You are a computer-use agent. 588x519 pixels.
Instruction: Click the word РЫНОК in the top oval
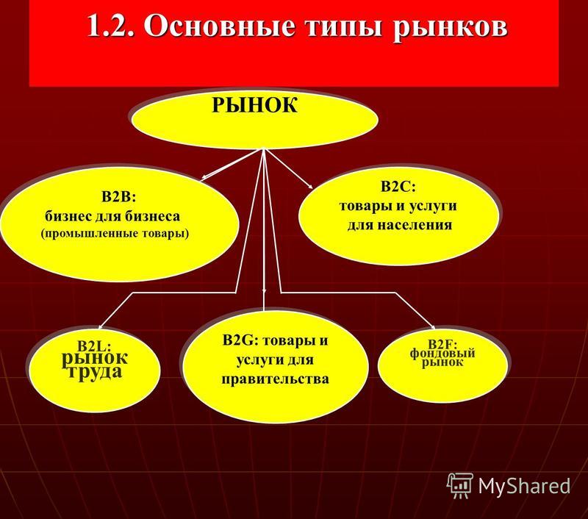[x=254, y=105]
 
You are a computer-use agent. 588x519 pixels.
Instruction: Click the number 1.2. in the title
[x=111, y=26]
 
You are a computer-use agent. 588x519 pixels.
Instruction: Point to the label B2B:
[x=118, y=197]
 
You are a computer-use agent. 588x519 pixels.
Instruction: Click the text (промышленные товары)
[x=115, y=234]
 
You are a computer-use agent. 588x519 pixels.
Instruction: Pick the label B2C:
[x=398, y=187]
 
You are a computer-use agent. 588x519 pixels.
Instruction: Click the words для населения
[x=400, y=225]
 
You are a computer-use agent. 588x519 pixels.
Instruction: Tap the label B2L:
[x=96, y=346]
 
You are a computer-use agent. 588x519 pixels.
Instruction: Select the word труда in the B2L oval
[x=96, y=372]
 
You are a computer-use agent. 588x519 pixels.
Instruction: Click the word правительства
[x=275, y=379]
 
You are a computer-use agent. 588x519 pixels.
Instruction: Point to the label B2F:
[x=443, y=344]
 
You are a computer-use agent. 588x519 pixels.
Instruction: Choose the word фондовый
[x=442, y=354]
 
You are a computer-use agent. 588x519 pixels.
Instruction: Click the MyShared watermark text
[x=524, y=486]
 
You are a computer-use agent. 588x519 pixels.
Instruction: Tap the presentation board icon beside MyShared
[x=459, y=486]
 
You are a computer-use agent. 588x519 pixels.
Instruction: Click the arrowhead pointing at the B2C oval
[x=310, y=186]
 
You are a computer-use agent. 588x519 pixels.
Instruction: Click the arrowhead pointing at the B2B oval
[x=204, y=177]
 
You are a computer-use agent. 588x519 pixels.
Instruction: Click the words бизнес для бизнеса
[x=112, y=216]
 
